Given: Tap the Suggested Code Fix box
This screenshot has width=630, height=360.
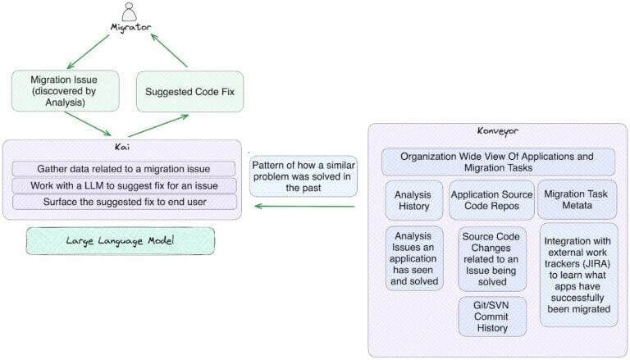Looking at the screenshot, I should pyautogui.click(x=189, y=91).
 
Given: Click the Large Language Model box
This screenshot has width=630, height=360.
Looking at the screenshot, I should pyautogui.click(x=120, y=240).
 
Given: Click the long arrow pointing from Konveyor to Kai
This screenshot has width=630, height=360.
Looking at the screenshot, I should pyautogui.click(x=304, y=206).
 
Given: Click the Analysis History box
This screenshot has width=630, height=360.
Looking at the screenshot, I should pyautogui.click(x=413, y=201).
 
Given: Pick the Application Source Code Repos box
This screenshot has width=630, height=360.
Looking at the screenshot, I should pyautogui.click(x=491, y=201).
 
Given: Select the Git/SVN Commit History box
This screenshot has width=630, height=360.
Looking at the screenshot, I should pyautogui.click(x=491, y=316).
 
